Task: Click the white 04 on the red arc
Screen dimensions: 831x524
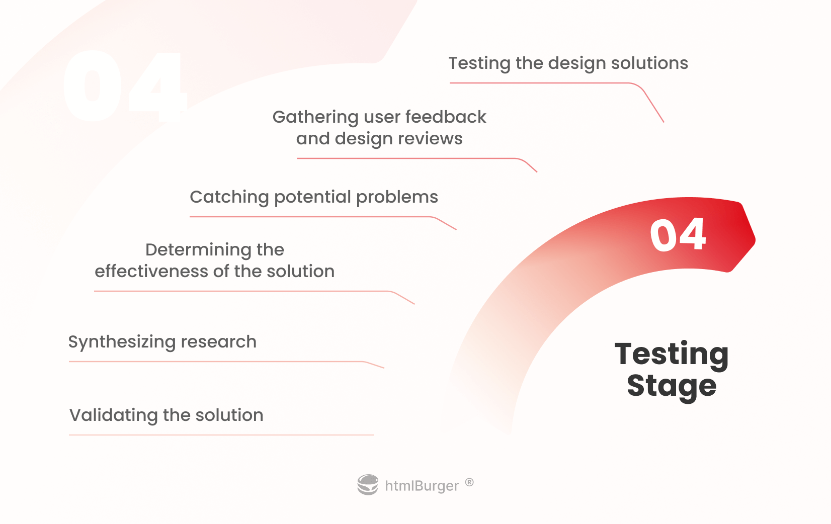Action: [x=678, y=235]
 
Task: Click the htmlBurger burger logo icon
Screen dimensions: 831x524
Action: [x=368, y=484]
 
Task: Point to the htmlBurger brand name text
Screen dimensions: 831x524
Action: [x=422, y=486]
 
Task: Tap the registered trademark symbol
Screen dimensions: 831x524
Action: [x=469, y=482]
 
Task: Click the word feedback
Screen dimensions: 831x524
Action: [x=446, y=117]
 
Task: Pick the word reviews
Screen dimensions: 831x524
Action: [x=430, y=139]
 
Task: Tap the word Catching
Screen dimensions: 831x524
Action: [x=229, y=198]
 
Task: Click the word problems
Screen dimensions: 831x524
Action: [x=397, y=198]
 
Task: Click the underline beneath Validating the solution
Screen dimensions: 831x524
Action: [x=221, y=434]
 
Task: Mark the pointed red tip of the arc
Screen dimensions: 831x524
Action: [x=755, y=239]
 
